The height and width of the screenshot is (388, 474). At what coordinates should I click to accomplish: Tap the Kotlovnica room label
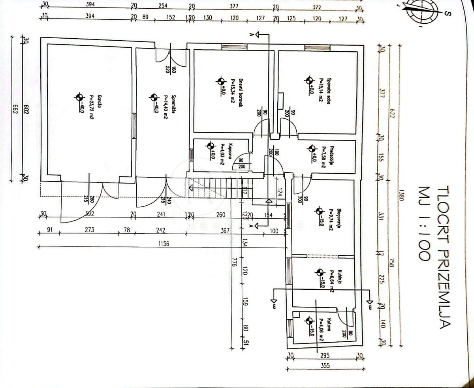322,329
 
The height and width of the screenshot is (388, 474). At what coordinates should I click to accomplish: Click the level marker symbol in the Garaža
80,97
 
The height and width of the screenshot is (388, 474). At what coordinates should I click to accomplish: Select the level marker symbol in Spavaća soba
308,81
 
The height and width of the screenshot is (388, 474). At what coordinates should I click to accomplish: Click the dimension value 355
325,365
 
